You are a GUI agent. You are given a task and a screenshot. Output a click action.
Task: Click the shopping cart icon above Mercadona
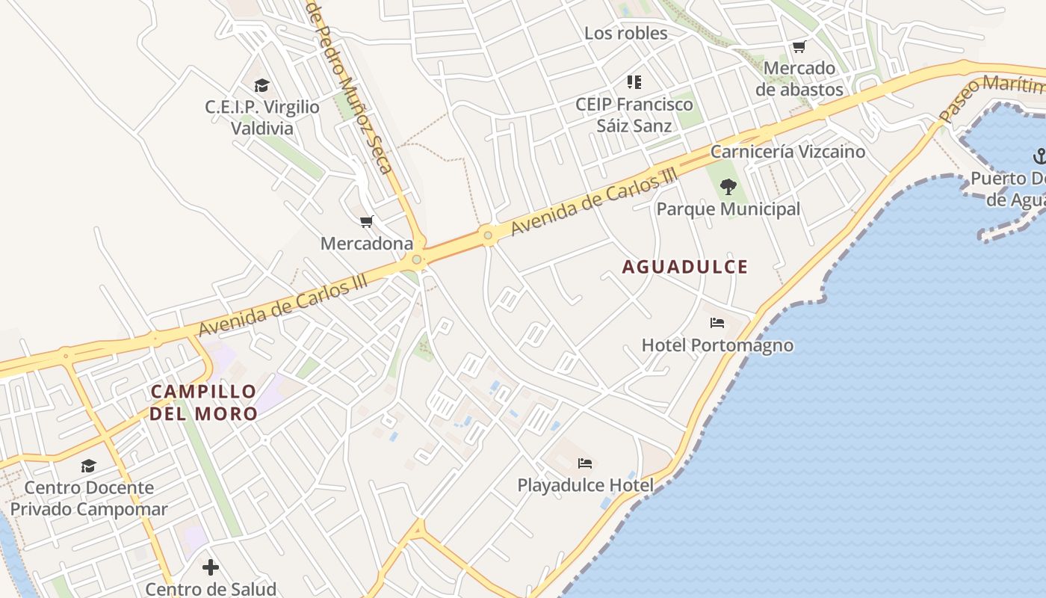(x=366, y=222)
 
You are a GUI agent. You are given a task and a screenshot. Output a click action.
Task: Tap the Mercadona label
(x=366, y=244)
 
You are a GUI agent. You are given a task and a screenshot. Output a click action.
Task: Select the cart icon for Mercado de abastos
(x=799, y=47)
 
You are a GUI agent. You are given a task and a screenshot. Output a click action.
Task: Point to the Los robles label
(x=625, y=33)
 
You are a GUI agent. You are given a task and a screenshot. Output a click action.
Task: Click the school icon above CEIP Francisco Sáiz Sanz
(x=634, y=82)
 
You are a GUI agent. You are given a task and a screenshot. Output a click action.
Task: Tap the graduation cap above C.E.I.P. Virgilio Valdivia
(x=261, y=86)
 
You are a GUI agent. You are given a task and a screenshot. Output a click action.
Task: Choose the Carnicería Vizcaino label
(x=787, y=152)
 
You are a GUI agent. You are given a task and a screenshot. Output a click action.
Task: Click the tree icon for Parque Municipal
(x=728, y=187)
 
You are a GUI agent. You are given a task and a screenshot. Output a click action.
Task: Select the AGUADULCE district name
(x=684, y=267)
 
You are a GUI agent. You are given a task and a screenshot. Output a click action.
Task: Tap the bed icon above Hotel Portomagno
(x=717, y=323)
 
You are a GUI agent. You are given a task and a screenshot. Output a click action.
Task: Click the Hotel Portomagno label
(x=717, y=345)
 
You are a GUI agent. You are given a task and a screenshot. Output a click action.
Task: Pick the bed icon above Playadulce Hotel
(x=585, y=463)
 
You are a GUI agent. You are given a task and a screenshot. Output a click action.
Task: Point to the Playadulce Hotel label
(x=585, y=485)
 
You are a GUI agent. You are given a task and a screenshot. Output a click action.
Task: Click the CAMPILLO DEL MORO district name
(x=203, y=402)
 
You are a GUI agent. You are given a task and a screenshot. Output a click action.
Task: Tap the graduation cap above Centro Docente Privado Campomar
(x=89, y=466)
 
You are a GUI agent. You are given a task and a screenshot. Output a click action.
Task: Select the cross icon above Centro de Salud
(x=211, y=567)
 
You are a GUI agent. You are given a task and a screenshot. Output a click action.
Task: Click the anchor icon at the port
(x=1039, y=156)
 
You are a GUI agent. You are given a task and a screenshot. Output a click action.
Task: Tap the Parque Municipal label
(x=728, y=209)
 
